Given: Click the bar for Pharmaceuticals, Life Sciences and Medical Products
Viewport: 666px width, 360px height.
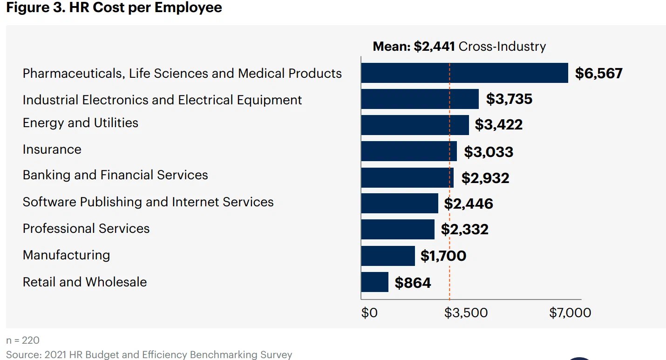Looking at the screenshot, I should coord(464,73).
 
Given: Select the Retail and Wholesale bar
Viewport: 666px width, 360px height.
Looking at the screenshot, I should coord(375,282).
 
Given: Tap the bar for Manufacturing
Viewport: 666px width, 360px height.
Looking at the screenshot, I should coord(388,256).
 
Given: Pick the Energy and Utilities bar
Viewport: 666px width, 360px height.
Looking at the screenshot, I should coord(415,125).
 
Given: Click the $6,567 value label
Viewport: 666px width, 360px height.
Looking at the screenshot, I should coord(598,74).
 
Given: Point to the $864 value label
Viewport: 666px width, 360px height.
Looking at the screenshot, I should coord(413,283).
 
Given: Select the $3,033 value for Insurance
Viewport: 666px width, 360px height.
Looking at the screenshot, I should coord(488,152).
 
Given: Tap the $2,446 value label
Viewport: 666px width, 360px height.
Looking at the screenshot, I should coord(468,204).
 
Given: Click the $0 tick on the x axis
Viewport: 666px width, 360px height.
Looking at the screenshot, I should coord(369,313).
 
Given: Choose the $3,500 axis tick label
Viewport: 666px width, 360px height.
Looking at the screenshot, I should coord(466,313).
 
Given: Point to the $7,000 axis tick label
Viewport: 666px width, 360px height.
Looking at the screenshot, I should coord(570,313).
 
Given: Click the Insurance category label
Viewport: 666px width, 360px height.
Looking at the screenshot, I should coord(52,149).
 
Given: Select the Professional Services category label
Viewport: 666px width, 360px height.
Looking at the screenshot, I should coord(86,229).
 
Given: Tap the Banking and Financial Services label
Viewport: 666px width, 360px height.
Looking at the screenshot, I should coord(115,175).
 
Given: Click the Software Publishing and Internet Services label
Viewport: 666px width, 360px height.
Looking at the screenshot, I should coord(148,202).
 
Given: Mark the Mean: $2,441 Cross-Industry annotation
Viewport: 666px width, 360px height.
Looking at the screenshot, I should coord(459,47).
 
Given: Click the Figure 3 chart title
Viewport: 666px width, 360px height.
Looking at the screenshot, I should coord(114,7).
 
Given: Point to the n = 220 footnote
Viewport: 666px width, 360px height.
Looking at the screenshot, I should coord(23,341).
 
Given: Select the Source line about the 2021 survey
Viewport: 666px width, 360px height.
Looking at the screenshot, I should coord(149,354).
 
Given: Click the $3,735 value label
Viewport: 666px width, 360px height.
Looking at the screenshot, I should coord(509,99).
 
